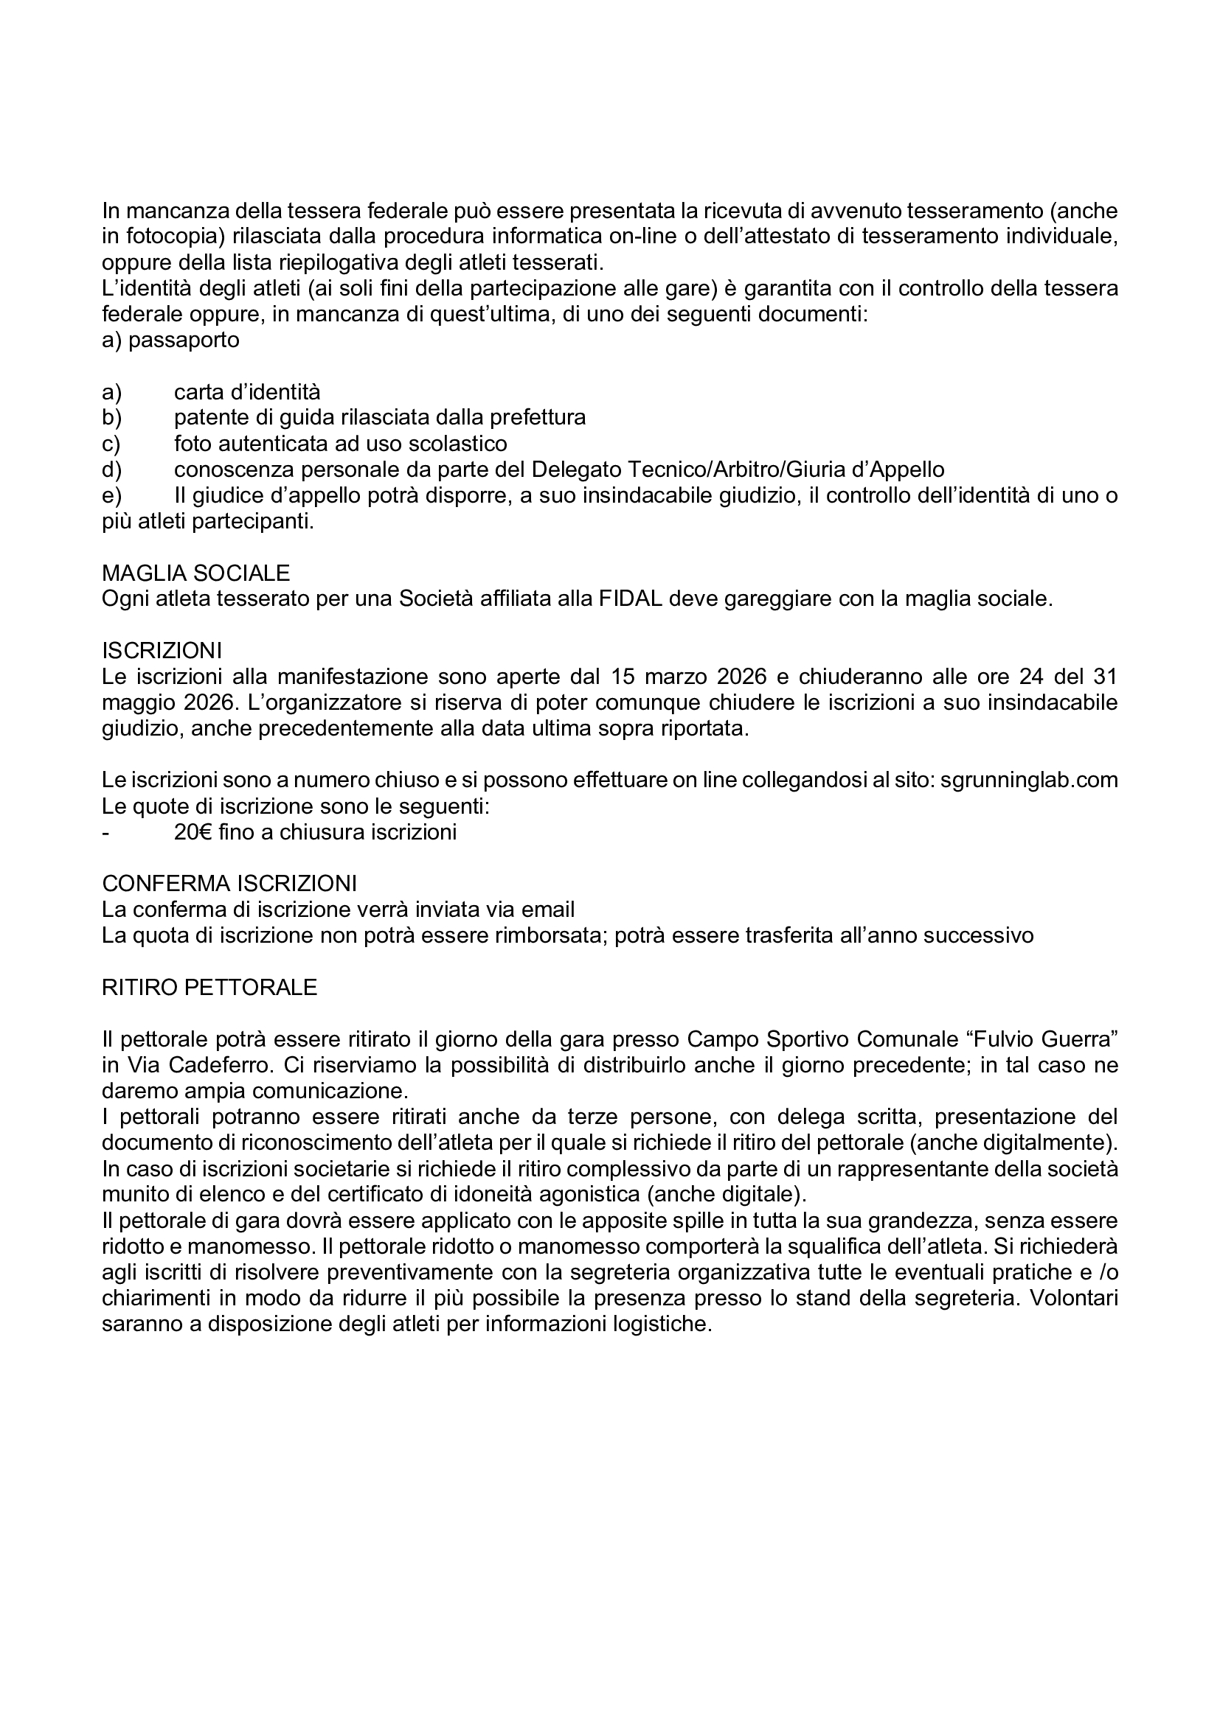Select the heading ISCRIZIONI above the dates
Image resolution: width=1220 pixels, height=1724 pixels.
[162, 650]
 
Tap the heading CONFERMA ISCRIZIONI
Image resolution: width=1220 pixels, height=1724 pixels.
[229, 883]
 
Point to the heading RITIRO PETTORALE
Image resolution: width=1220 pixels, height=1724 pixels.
[209, 988]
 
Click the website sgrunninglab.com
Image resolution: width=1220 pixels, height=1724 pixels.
[1029, 780]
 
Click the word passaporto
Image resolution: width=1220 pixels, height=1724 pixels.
[184, 340]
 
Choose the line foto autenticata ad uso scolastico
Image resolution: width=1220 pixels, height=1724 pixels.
[340, 443]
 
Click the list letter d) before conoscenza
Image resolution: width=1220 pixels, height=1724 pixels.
[111, 470]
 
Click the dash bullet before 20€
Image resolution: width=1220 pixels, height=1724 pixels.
[105, 833]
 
